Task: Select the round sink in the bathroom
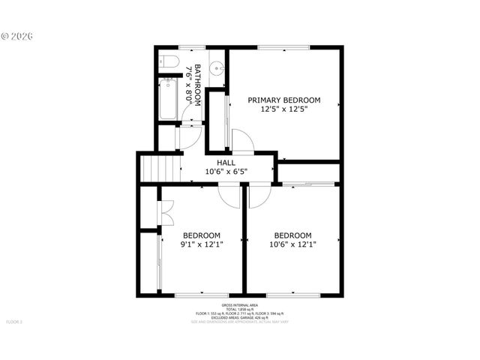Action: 217,67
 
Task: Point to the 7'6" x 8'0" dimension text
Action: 188,83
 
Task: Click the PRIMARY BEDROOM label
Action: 284,100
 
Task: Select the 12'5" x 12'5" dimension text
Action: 284,109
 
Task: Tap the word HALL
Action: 226,163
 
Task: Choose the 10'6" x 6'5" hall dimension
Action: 226,172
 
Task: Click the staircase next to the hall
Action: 162,167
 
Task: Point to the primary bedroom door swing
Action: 242,142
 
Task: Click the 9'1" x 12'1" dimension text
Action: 202,244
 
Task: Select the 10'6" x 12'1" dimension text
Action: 292,244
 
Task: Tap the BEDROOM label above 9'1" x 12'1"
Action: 202,234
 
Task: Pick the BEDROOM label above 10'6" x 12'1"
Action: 292,234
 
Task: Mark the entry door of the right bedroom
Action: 256,196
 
